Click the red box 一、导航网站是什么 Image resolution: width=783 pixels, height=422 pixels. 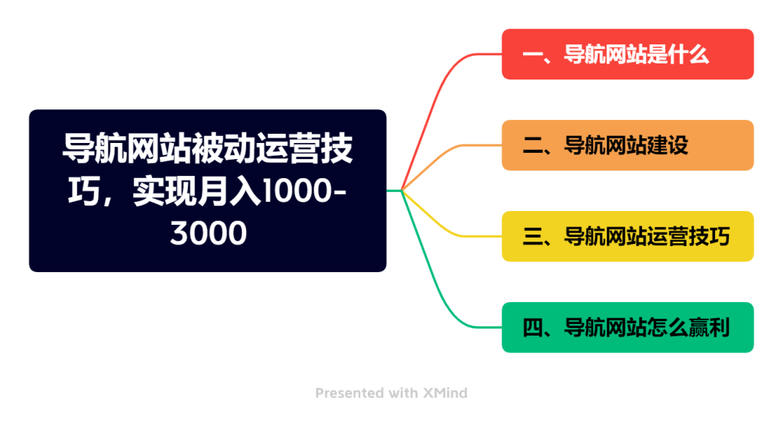tap(628, 54)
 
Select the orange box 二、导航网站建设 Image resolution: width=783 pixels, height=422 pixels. tap(628, 145)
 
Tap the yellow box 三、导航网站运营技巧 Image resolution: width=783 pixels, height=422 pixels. tap(628, 236)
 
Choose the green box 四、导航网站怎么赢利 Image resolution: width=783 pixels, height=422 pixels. tap(628, 328)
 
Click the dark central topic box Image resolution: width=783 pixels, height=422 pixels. tap(208, 191)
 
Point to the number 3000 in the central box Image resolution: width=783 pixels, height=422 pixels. tap(208, 232)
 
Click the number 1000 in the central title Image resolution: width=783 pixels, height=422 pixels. tap(297, 191)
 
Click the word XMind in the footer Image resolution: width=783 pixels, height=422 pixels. tap(446, 393)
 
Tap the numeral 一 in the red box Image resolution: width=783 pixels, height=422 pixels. tap(532, 55)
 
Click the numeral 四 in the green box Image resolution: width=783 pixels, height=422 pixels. tap(532, 328)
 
